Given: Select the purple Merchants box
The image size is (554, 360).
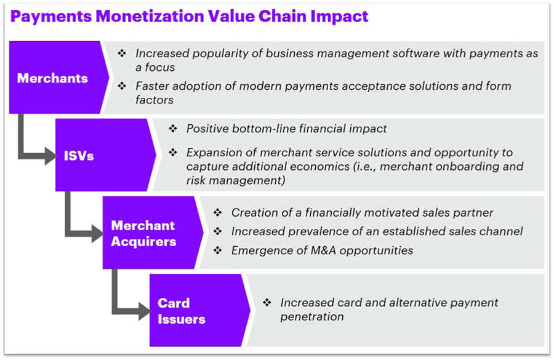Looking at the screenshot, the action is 57,78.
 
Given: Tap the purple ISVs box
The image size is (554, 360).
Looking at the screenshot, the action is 102,155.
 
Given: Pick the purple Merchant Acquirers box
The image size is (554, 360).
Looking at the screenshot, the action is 150,233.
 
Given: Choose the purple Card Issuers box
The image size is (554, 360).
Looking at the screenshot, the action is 197,311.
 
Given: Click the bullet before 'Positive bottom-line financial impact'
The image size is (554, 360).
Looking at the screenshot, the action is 173,128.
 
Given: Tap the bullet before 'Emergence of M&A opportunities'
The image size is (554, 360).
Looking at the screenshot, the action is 218,250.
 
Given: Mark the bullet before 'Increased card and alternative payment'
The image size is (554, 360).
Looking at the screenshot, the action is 267,302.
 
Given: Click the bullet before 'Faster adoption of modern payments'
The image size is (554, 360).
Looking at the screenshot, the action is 122,86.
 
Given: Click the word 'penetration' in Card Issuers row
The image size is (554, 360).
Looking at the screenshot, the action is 312,317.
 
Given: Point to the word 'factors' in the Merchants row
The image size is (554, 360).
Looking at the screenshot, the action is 155,100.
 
